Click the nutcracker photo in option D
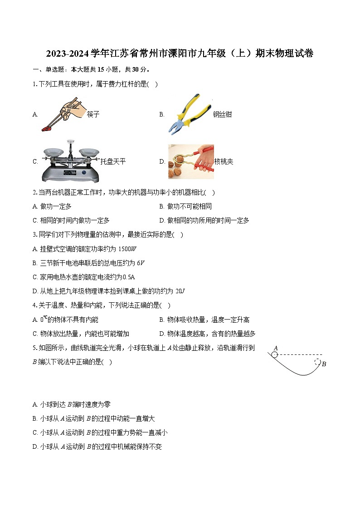click(190, 161)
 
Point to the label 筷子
click(93, 115)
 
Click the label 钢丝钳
click(222, 115)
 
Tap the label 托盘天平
click(113, 162)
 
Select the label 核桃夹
click(224, 162)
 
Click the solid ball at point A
click(274, 355)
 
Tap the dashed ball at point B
click(317, 362)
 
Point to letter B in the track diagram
click(324, 364)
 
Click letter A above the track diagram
click(275, 348)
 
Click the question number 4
click(34, 305)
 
